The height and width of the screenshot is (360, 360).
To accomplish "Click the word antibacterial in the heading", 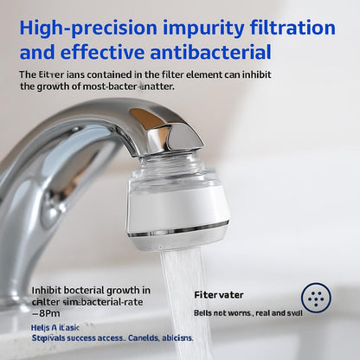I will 204,52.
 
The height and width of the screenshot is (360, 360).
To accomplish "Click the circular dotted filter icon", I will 318,297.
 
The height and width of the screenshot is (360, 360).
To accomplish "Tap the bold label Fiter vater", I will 218,295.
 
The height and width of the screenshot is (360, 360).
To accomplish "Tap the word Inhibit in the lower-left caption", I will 46,290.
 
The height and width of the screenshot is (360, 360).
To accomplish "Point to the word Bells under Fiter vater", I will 203,312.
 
